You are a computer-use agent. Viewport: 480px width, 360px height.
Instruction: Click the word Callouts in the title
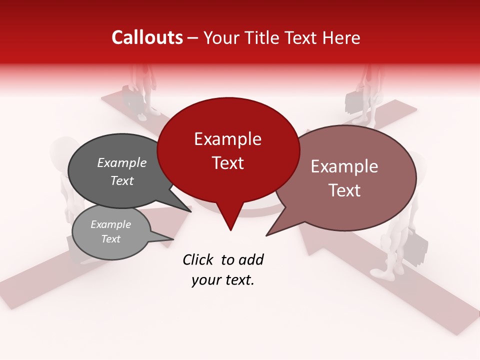point(147,37)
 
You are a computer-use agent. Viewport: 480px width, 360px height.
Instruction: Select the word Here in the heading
point(341,38)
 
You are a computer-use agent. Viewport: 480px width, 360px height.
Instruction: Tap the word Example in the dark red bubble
point(227,139)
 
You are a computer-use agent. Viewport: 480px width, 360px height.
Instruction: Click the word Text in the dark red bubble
point(227,163)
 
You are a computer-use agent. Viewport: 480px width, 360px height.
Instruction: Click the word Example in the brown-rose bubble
point(344,166)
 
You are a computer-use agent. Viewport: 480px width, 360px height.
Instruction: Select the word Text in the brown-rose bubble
point(344,190)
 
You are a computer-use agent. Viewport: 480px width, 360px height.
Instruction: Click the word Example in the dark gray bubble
point(122,163)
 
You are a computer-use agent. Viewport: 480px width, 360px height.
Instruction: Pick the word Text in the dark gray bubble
point(122,181)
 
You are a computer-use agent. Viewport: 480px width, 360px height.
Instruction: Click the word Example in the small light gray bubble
point(111,224)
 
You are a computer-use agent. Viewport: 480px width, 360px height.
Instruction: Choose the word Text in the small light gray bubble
point(111,239)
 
